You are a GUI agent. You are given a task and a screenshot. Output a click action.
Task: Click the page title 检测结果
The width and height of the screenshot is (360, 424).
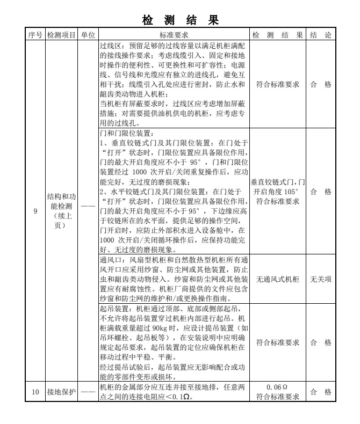coord(180,21)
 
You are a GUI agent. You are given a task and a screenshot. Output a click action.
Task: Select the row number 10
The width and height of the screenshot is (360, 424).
coord(35,392)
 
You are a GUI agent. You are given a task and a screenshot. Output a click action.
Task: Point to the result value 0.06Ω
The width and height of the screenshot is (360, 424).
coord(278,388)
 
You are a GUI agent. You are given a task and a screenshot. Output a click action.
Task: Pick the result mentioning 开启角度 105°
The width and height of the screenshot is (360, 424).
coord(278,192)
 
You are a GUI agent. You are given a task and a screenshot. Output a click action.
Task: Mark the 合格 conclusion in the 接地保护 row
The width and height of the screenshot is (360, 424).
coord(320,392)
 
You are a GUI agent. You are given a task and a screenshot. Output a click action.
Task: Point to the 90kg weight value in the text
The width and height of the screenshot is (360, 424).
coord(161,327)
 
